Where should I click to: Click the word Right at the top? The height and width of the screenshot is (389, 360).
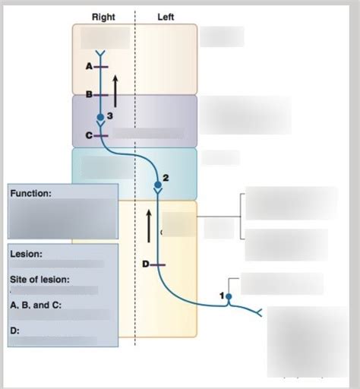(x=103, y=17)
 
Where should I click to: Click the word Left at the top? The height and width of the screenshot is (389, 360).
(x=166, y=17)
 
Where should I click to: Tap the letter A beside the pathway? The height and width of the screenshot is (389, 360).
(x=89, y=67)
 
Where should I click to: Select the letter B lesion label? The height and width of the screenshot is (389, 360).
(x=89, y=95)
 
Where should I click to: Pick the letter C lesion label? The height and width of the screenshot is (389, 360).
(x=89, y=135)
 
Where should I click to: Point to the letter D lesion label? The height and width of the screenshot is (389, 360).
(x=145, y=264)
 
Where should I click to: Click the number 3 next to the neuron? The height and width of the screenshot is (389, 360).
(x=110, y=115)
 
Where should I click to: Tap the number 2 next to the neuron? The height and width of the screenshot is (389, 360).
(x=166, y=177)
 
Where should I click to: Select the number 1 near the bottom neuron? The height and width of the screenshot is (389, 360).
(x=222, y=294)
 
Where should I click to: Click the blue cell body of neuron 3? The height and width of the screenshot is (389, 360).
(x=100, y=119)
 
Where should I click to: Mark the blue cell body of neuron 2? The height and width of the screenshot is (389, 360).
(x=157, y=184)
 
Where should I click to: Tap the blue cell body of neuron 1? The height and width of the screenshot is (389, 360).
(x=229, y=294)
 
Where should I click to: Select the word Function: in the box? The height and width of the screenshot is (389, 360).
(x=31, y=194)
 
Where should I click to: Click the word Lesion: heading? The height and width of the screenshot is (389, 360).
(x=27, y=254)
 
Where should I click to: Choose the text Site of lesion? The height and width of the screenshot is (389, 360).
(x=39, y=280)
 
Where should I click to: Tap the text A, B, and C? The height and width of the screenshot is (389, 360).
(x=36, y=305)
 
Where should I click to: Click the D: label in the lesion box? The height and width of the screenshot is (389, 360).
(x=14, y=330)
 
